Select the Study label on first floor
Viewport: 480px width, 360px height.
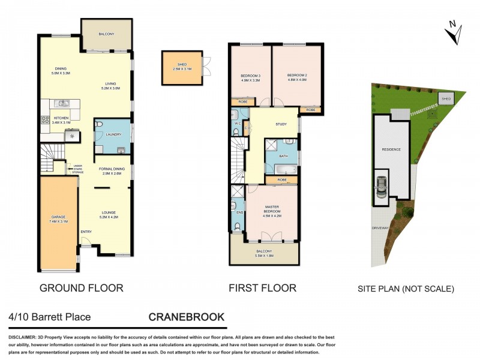point(281,125)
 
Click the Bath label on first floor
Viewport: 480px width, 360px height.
point(284,155)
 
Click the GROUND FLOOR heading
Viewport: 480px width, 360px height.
point(81,288)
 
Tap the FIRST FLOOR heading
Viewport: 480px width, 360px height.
point(262,288)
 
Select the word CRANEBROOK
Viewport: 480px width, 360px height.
point(187,317)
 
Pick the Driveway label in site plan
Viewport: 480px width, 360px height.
point(380,229)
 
